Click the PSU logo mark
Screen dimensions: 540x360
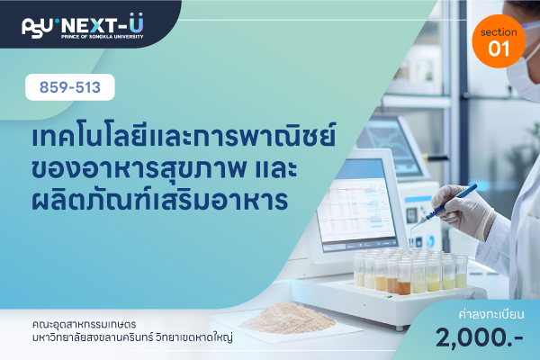click(x=37, y=27)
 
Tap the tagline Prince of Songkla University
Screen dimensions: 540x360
click(x=102, y=37)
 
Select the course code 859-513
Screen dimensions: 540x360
click(x=70, y=87)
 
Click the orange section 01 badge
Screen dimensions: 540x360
click(x=499, y=41)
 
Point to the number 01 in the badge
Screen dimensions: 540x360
click(x=499, y=49)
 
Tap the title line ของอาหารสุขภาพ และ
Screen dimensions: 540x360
click(x=165, y=169)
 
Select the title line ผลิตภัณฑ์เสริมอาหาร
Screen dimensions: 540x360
click(x=159, y=199)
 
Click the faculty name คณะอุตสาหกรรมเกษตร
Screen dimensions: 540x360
click(x=84, y=325)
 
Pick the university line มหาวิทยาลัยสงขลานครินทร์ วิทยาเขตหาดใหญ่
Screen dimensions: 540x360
click(x=132, y=337)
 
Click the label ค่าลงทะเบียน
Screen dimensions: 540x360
click(x=491, y=314)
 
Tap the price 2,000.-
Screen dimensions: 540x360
click(x=480, y=337)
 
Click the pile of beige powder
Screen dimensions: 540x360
click(x=288, y=319)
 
